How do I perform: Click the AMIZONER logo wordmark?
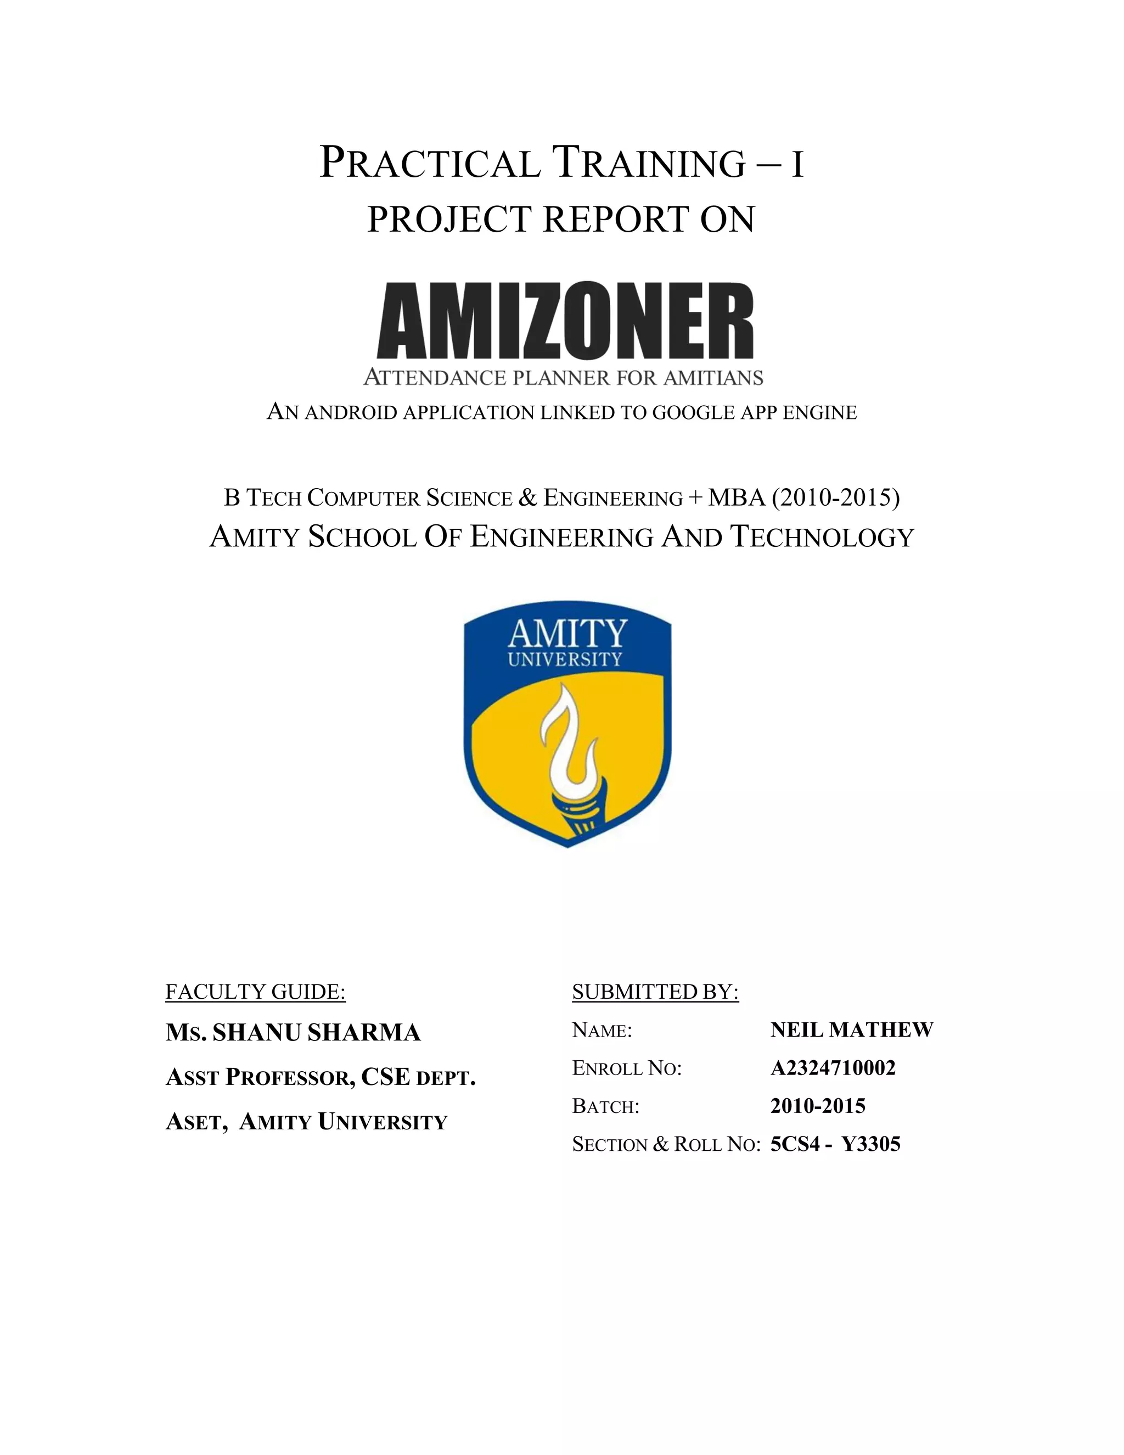pos(565,321)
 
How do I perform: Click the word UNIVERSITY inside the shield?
pos(565,659)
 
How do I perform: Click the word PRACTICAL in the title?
pos(430,163)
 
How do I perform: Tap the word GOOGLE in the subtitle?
pos(694,413)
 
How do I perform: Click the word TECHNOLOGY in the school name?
pos(823,537)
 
